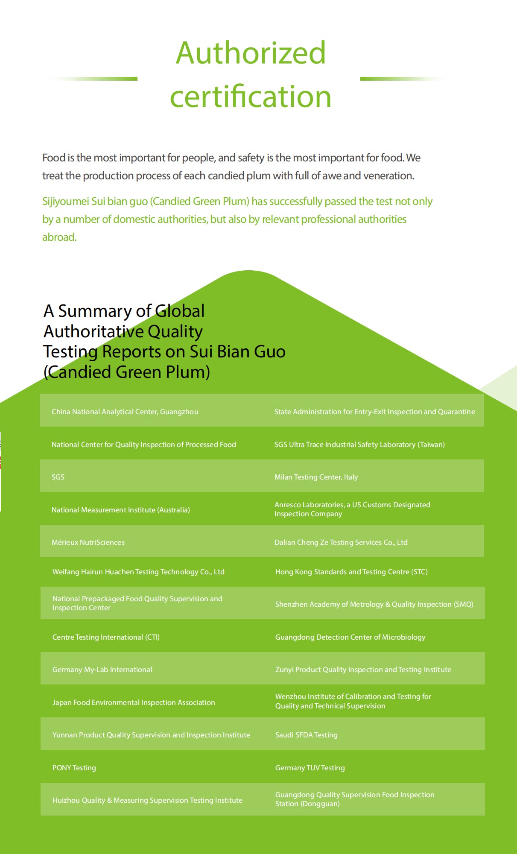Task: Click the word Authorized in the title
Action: pos(251,53)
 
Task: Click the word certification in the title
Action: pos(251,97)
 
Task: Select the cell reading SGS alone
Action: pos(58,477)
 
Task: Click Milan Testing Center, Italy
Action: pos(316,477)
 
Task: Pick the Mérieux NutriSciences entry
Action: pos(88,542)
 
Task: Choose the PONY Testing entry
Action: pos(74,768)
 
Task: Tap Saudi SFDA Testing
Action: pos(306,735)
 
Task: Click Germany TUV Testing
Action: pos(310,768)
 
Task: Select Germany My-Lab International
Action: pos(102,670)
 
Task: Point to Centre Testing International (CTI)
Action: pos(106,637)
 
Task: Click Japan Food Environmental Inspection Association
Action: pos(134,702)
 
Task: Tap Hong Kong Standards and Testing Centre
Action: pos(351,572)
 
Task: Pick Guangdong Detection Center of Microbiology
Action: pos(350,637)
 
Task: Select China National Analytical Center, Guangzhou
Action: pos(125,412)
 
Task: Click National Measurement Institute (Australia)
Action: pos(121,510)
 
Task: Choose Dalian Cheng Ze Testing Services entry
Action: pos(341,542)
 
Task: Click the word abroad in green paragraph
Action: pos(59,237)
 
